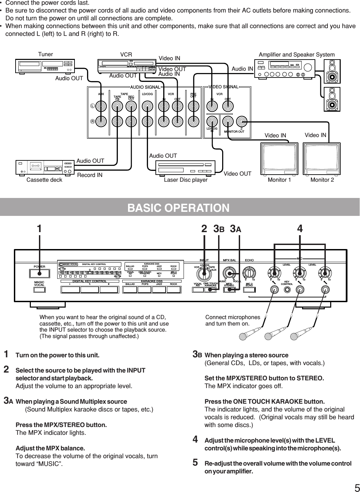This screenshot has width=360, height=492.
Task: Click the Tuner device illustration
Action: [45, 66]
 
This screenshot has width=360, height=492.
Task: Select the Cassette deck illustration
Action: [45, 167]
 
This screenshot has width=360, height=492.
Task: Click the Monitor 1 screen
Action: [279, 158]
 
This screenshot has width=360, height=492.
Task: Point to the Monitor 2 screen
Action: [321, 158]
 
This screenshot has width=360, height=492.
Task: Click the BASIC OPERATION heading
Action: [178, 207]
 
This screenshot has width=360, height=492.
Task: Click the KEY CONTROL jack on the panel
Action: [287, 290]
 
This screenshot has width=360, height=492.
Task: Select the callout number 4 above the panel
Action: [300, 229]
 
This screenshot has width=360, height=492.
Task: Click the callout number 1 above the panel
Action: [40, 229]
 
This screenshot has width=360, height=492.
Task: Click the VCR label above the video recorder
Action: [126, 54]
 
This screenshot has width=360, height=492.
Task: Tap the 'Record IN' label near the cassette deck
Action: [90, 175]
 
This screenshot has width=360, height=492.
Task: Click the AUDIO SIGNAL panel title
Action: [145, 87]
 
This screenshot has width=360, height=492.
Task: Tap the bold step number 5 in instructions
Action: [195, 463]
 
